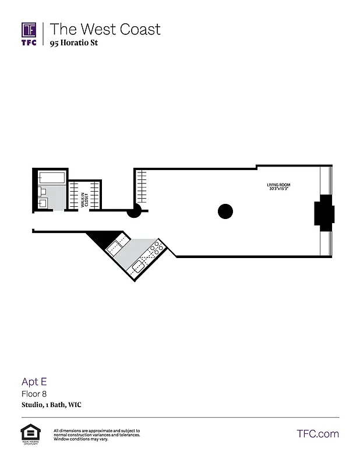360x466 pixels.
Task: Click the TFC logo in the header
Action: (x=29, y=34)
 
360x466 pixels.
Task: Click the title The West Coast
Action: (x=105, y=29)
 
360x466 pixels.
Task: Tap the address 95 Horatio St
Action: (x=73, y=43)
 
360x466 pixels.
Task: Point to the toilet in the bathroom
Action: (x=43, y=191)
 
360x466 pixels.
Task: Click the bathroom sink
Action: (x=43, y=203)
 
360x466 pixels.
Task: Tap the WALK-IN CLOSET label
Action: (x=84, y=200)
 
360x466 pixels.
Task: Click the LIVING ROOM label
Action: (x=278, y=185)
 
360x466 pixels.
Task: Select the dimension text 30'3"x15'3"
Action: (x=278, y=189)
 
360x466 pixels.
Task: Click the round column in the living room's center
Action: (x=225, y=211)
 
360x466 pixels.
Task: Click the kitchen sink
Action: (x=139, y=267)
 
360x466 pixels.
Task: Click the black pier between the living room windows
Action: (x=323, y=213)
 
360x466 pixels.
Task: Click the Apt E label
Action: (x=34, y=382)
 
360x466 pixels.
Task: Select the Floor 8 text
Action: (x=34, y=394)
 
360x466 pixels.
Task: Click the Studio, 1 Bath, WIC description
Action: (x=51, y=405)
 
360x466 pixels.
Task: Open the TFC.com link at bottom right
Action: (x=317, y=433)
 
